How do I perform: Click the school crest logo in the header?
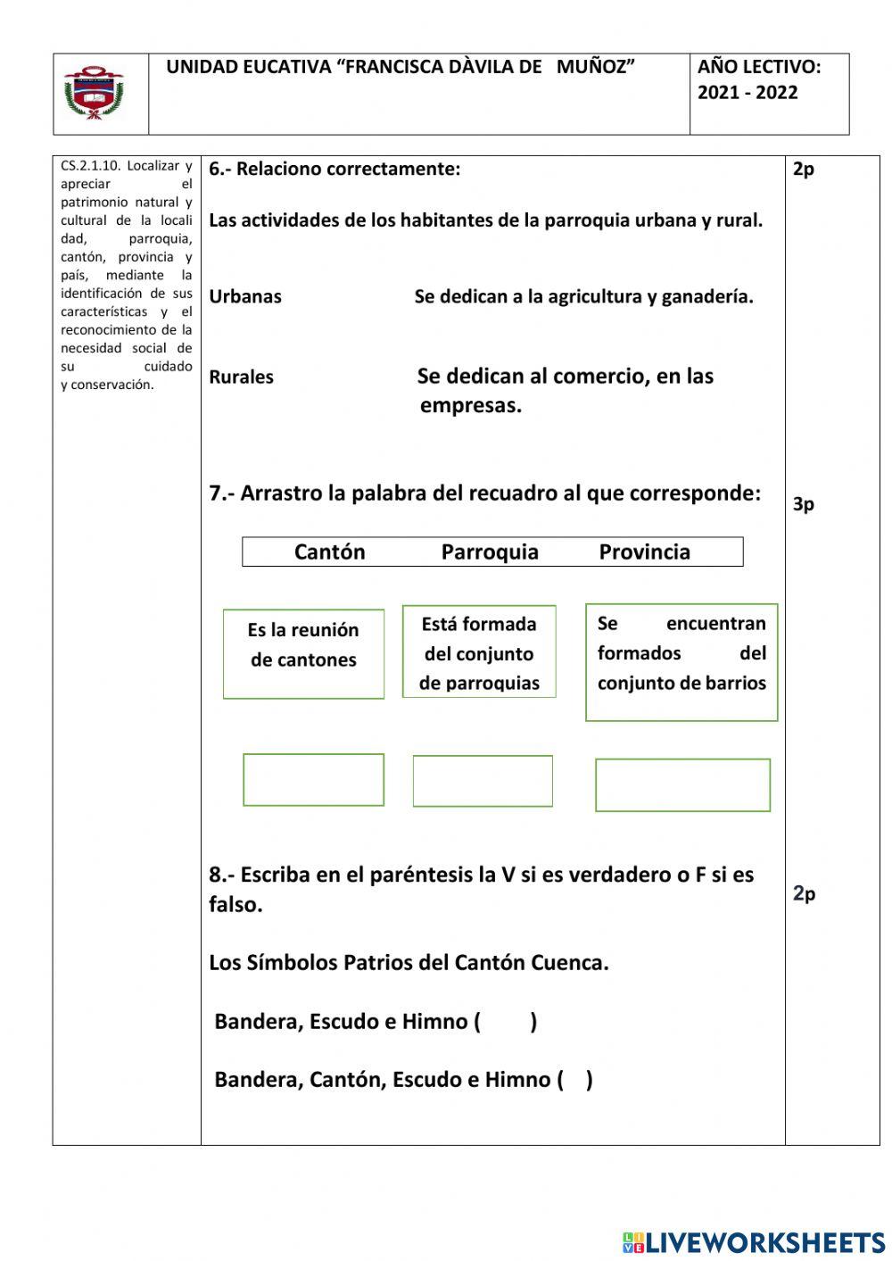tap(94, 93)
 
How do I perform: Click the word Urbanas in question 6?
tap(245, 297)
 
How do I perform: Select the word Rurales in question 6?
tap(241, 377)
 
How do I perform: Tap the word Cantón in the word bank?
tap(329, 552)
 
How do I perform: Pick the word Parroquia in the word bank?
tap(490, 552)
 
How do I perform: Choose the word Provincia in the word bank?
tap(644, 552)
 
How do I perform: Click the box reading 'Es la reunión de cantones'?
tap(303, 654)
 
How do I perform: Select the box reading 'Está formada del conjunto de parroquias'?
tap(479, 652)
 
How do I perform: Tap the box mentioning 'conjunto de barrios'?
tap(681, 662)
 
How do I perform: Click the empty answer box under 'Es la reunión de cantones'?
tap(313, 780)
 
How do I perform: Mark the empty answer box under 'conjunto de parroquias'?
tap(483, 781)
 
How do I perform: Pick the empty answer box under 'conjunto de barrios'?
tap(682, 785)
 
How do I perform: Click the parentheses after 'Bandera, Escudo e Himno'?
tap(506, 1022)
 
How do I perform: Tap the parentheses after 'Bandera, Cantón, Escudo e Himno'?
tap(575, 1080)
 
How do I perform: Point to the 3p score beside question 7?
tap(803, 504)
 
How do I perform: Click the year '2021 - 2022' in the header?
tap(747, 93)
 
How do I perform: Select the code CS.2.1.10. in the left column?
tap(90, 166)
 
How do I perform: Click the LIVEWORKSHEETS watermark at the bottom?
tap(754, 1242)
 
